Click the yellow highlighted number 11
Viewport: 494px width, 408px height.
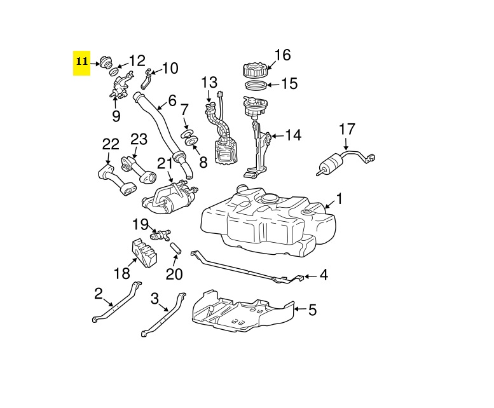click(81, 62)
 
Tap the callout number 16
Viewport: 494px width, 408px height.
click(282, 55)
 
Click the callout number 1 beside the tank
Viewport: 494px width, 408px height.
click(339, 199)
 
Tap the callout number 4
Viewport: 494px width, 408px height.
click(324, 275)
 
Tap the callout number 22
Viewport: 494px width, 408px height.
click(111, 146)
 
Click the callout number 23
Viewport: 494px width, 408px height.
click(139, 139)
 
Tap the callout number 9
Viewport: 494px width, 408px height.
click(116, 116)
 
